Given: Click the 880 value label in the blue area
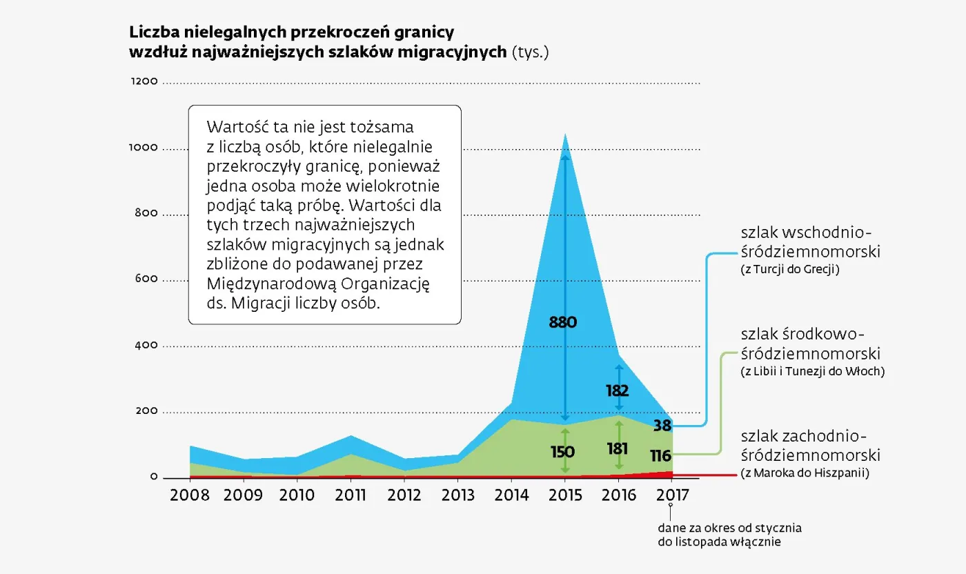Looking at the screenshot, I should coord(562,322).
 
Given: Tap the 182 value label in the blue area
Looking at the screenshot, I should coord(618,391).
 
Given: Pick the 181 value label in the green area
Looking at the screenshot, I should coord(618,449).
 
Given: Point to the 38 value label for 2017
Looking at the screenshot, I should coord(662,426).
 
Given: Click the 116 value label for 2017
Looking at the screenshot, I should coord(660,456).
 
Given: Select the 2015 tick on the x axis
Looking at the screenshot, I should coord(565,495).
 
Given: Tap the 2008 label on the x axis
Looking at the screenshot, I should coord(189,495).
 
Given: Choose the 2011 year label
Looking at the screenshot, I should coord(352,495).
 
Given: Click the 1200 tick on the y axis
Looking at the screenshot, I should coord(144,81).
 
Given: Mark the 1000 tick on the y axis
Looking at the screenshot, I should coord(144,148).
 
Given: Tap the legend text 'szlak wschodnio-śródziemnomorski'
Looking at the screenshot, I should coord(811,241).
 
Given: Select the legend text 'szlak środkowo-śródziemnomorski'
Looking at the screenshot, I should coord(811,344).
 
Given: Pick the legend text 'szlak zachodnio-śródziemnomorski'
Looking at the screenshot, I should coord(811,446).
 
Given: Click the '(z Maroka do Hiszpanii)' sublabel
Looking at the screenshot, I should coord(805,473).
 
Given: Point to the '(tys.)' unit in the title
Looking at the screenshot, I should coord(530,52).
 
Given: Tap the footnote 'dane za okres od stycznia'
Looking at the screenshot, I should coord(730,528).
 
